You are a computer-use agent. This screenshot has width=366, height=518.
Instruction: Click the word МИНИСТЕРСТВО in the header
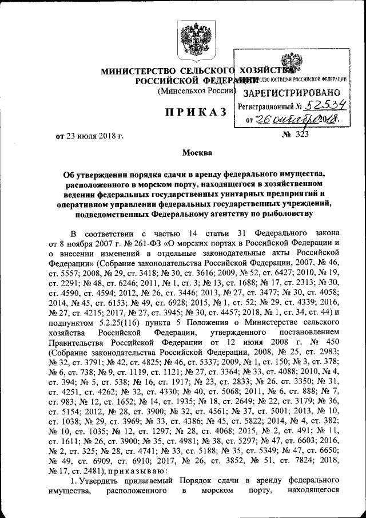140,72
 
